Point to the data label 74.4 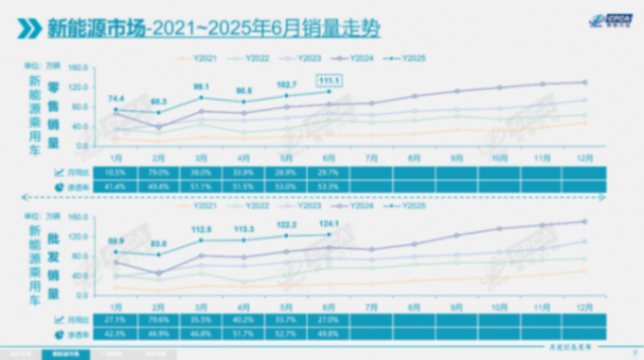[117, 98]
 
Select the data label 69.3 [159, 102]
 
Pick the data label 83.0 [159, 243]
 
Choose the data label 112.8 [201, 229]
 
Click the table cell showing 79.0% [158, 172]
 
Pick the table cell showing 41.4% [117, 187]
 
